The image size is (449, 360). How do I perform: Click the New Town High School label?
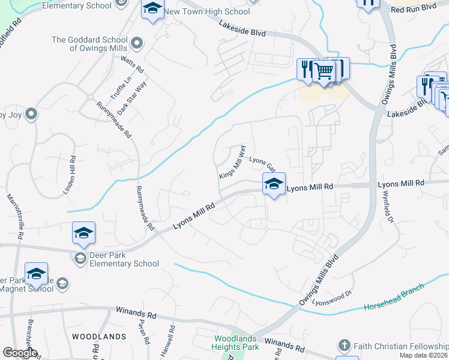coord(206,11)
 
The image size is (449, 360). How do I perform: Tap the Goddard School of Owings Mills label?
coord(90,44)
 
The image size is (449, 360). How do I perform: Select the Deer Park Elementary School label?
coord(124,259)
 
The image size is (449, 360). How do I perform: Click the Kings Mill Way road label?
coord(232,161)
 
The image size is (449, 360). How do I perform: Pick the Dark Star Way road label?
coord(132,97)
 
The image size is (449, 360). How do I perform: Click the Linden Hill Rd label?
coord(70,175)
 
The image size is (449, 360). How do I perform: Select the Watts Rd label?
coord(132,62)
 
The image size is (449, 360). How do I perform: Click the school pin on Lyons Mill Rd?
coord(274,184)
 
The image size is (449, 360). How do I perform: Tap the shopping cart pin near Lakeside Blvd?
coord(325,71)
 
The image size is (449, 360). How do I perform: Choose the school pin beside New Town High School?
coord(152,9)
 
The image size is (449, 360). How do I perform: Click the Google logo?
coord(20,353)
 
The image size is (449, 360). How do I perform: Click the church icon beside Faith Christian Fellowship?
coord(344,345)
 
